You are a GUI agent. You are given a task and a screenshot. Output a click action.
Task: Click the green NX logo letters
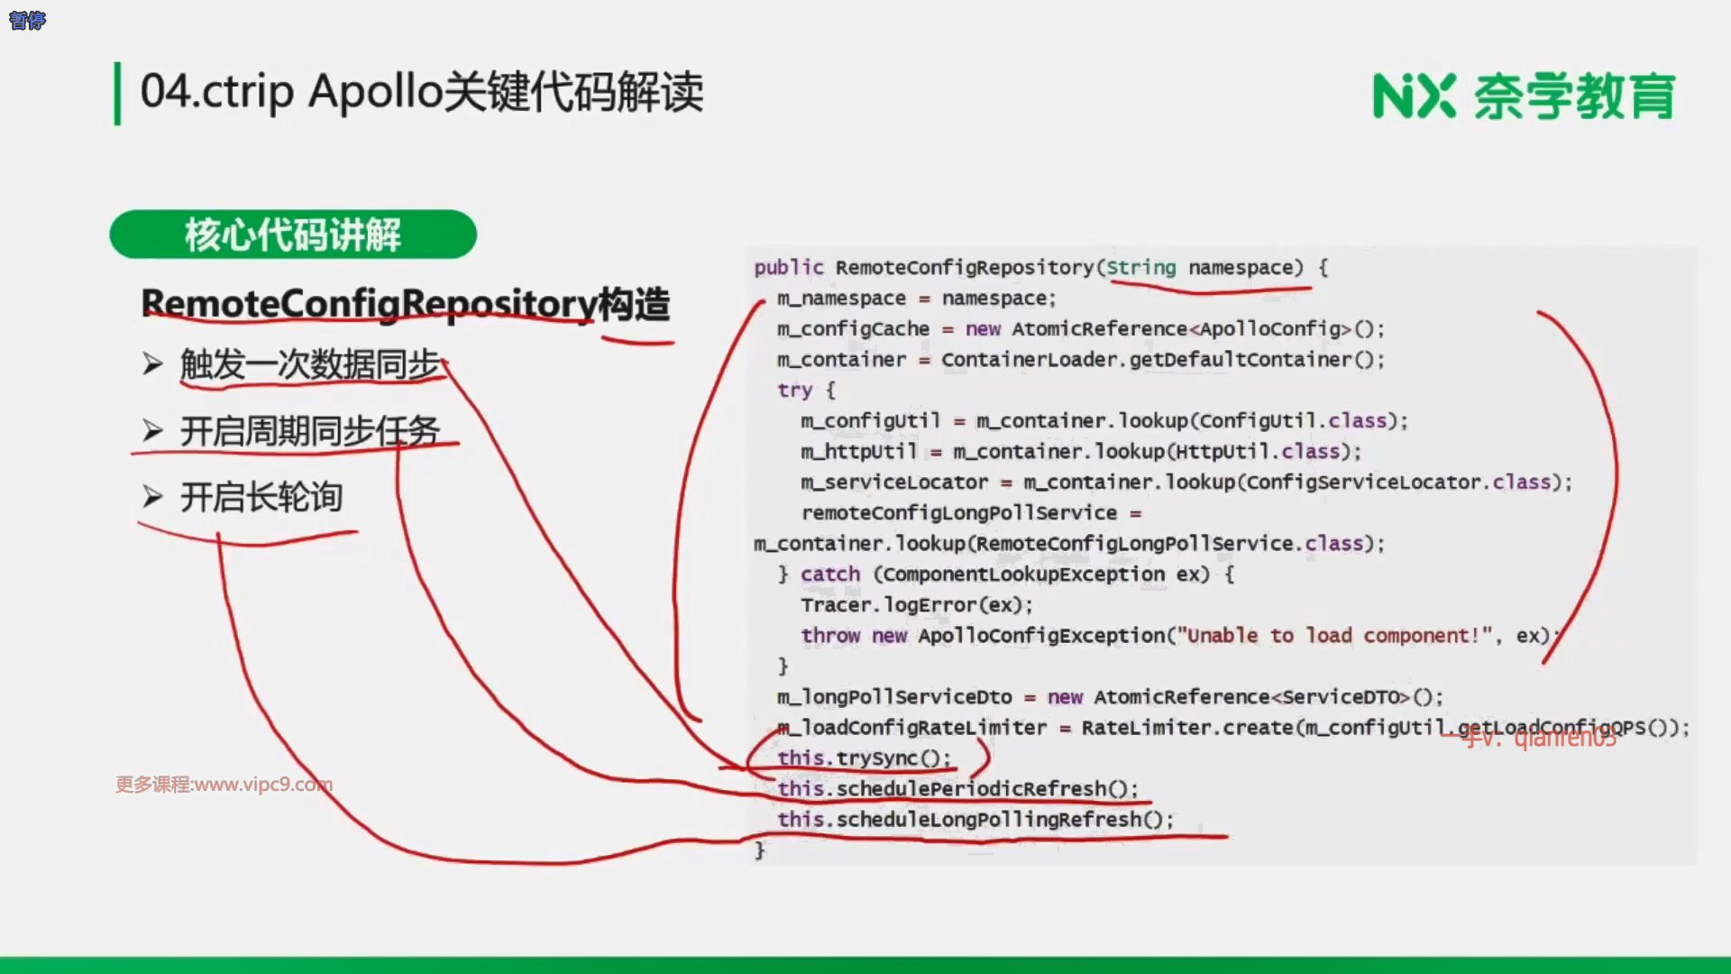(x=1414, y=96)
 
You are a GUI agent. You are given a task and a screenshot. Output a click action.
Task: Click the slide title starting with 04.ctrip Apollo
(x=421, y=92)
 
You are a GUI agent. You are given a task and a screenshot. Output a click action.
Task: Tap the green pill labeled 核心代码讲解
(x=293, y=234)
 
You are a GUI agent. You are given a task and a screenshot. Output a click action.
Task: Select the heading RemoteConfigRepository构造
(x=406, y=304)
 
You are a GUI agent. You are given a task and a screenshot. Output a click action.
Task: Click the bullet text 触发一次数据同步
(x=309, y=365)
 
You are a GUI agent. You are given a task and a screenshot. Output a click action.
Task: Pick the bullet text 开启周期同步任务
(x=309, y=431)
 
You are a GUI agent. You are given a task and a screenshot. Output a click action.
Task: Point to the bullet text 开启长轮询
(x=261, y=497)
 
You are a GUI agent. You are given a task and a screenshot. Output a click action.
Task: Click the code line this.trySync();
(x=864, y=758)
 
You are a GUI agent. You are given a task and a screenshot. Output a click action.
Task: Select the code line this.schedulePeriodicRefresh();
(x=957, y=789)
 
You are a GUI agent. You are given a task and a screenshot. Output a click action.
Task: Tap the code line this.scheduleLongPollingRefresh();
(x=975, y=820)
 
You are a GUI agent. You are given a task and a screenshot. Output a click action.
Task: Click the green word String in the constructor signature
(x=1140, y=268)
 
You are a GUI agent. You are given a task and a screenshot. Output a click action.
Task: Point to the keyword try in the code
(x=794, y=391)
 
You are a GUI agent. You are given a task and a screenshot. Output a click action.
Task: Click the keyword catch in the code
(x=829, y=574)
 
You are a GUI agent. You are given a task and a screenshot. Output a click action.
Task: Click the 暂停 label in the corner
(x=27, y=20)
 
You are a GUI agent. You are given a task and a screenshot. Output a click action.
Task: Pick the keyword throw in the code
(x=830, y=636)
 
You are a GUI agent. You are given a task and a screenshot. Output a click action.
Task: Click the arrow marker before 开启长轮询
(x=152, y=497)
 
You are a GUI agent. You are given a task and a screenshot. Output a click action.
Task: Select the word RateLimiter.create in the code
(x=1187, y=728)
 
